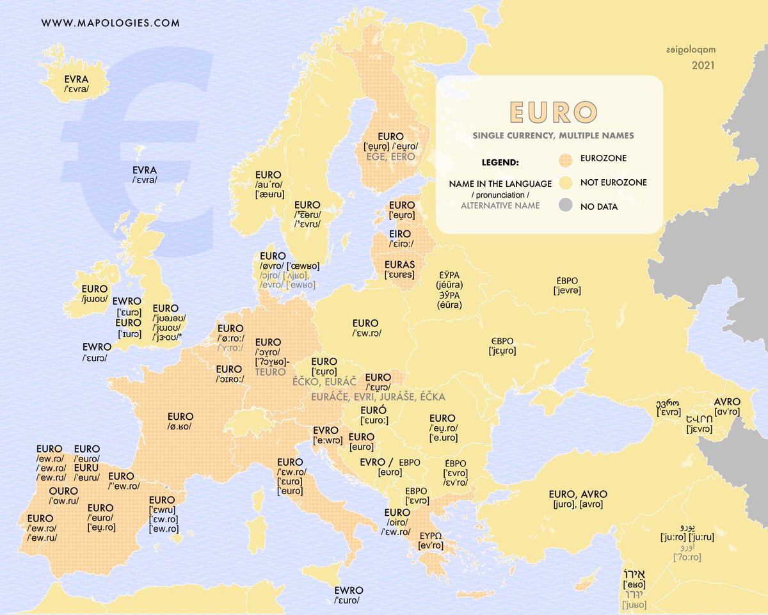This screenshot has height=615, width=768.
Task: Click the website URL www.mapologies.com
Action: (111, 23)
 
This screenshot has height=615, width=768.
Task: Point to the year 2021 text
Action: (703, 65)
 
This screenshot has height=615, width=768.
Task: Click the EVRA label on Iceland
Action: (76, 79)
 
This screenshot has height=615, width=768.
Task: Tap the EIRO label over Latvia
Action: (400, 234)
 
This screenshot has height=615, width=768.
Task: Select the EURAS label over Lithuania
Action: (399, 264)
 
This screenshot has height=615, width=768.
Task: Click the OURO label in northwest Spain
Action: (63, 491)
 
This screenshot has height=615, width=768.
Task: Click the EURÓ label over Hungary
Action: (372, 410)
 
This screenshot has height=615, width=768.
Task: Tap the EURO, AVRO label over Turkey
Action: (578, 494)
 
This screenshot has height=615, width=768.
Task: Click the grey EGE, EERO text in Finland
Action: (390, 156)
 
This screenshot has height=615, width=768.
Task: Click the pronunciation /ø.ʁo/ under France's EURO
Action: (179, 427)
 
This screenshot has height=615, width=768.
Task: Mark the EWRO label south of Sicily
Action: (349, 590)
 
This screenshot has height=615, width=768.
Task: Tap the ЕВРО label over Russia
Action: (566, 281)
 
